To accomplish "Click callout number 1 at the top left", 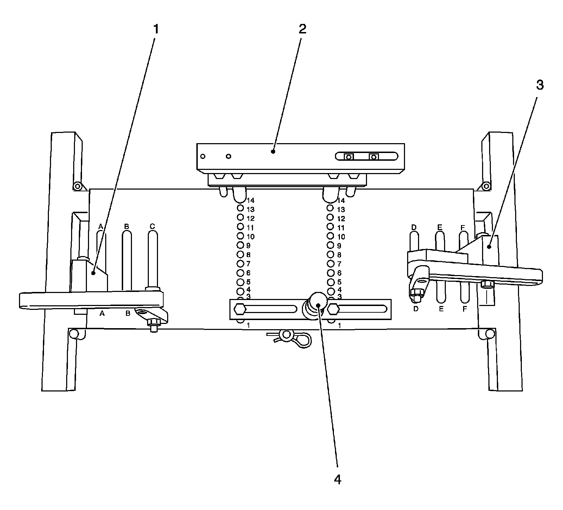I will (155, 30).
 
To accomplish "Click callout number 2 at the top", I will (302, 30).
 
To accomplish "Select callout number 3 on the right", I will (539, 85).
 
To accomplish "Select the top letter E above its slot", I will (439, 228).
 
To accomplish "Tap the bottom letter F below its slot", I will (464, 309).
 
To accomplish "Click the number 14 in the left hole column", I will (251, 201).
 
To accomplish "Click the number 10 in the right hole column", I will (341, 237).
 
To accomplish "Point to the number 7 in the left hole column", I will (248, 264).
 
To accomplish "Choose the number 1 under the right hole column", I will (339, 326).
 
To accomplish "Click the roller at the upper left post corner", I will (77, 186).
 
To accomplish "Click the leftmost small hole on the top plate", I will (203, 156).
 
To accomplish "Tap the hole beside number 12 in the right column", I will (330, 218).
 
